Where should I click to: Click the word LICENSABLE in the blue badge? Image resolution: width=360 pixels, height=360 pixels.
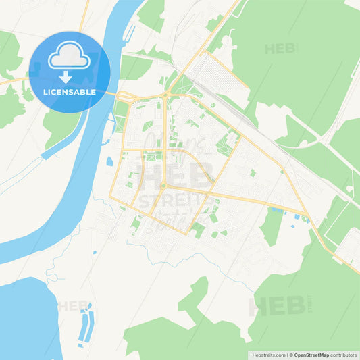(x=70, y=91)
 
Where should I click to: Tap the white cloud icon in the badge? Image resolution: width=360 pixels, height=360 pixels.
(x=69, y=57)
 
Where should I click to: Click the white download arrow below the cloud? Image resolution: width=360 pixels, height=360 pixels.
(x=70, y=76)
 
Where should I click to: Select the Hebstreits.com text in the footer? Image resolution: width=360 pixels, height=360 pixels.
(x=269, y=355)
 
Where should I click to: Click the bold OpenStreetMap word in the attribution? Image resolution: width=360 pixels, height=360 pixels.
(x=311, y=355)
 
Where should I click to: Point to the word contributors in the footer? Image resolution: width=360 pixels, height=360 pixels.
(x=343, y=355)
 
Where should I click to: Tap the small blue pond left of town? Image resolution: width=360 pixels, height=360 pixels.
(x=109, y=161)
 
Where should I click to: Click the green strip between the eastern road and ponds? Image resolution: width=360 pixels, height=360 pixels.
(x=272, y=227)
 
